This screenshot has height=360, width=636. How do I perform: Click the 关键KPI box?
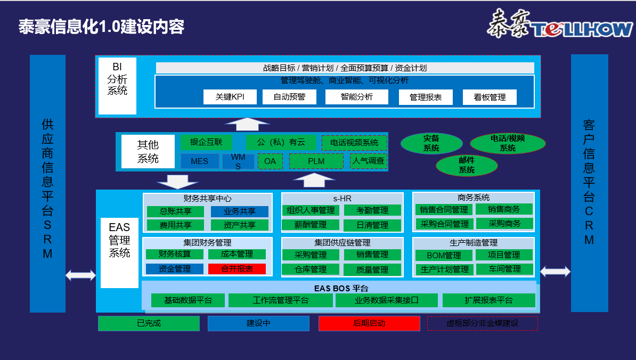click(x=230, y=97)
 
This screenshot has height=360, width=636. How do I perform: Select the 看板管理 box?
click(x=490, y=97)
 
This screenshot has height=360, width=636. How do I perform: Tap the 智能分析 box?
click(x=357, y=97)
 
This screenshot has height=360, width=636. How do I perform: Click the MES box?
click(x=200, y=161)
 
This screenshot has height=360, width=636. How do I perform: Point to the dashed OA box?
click(x=270, y=161)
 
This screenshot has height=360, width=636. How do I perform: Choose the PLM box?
click(x=316, y=161)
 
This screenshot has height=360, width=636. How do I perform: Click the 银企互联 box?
click(x=207, y=142)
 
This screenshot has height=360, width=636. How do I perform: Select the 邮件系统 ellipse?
click(x=467, y=166)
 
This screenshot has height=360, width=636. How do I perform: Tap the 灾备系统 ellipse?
click(x=431, y=143)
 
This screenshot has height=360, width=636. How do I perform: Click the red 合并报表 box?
click(x=237, y=269)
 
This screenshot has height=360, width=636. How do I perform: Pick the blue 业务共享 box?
click(x=240, y=211)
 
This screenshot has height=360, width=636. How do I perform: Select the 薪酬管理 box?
click(x=311, y=225)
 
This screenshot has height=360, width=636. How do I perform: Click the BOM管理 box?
click(x=444, y=256)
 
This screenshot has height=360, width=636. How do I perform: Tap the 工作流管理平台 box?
click(x=281, y=300)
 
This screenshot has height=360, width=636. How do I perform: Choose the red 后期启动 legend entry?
click(x=369, y=323)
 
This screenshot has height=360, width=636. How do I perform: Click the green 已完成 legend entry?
click(x=149, y=323)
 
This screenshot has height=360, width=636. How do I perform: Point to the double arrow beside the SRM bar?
click(x=81, y=275)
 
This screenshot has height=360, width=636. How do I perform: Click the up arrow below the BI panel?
click(x=248, y=124)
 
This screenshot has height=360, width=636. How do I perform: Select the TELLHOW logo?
click(x=560, y=24)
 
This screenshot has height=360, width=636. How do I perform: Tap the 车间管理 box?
click(x=504, y=269)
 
